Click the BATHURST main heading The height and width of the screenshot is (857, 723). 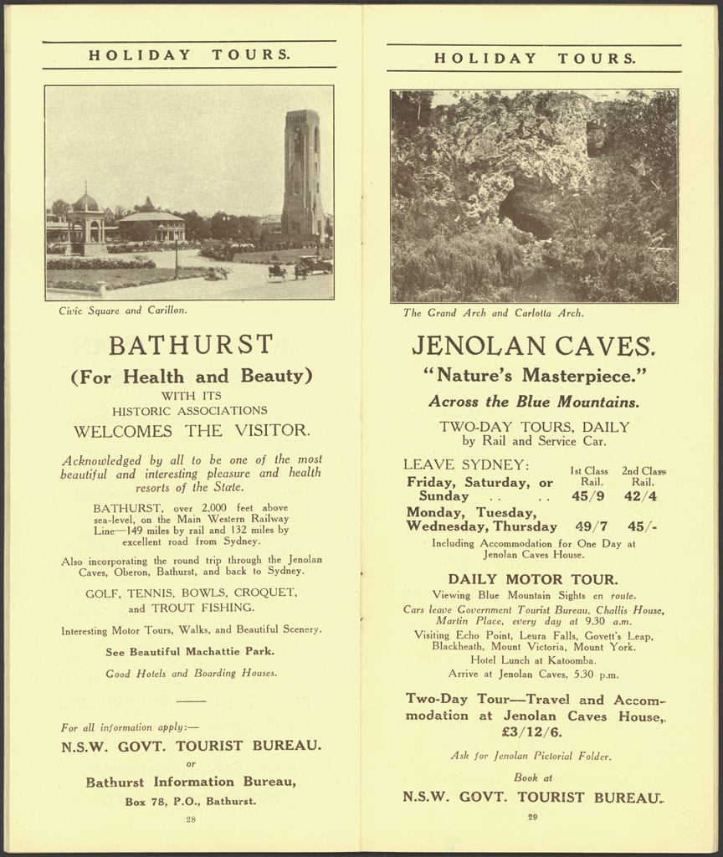coord(191,345)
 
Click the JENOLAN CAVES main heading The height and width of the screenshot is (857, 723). coord(534,346)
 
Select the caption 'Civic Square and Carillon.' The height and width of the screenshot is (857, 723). coord(123,310)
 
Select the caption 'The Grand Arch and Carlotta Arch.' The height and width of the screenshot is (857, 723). coord(493,314)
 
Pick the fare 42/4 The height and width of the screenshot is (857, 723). coord(641,496)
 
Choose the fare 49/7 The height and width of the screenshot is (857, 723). coord(592,526)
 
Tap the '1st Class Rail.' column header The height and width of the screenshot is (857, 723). coord(589,476)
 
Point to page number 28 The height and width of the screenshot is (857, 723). coord(190,819)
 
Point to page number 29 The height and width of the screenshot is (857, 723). coord(532,817)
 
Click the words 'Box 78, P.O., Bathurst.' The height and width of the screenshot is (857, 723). coord(190,801)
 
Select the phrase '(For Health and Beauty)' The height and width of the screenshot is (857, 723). coord(191,376)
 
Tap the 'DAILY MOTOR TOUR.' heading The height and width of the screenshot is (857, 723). coord(533,579)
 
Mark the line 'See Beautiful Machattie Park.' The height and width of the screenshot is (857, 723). coord(190,651)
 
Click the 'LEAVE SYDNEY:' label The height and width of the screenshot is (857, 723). coord(466,464)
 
